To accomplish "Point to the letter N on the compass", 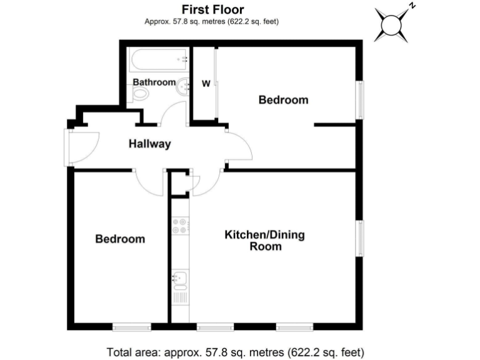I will click(412, 6).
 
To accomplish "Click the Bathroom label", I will click(154, 82).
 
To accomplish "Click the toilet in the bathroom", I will click(142, 95).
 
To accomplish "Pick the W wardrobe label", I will click(205, 84).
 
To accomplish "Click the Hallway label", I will click(150, 144).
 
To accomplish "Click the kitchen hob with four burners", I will click(179, 226).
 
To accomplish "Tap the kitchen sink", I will click(179, 279).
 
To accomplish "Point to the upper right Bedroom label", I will click(284, 99).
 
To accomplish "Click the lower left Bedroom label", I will click(120, 239).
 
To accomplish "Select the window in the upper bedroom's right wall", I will click(360, 99).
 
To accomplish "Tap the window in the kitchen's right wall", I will click(360, 237).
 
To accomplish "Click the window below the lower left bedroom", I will click(131, 326).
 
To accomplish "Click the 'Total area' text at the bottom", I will click(236, 351).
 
